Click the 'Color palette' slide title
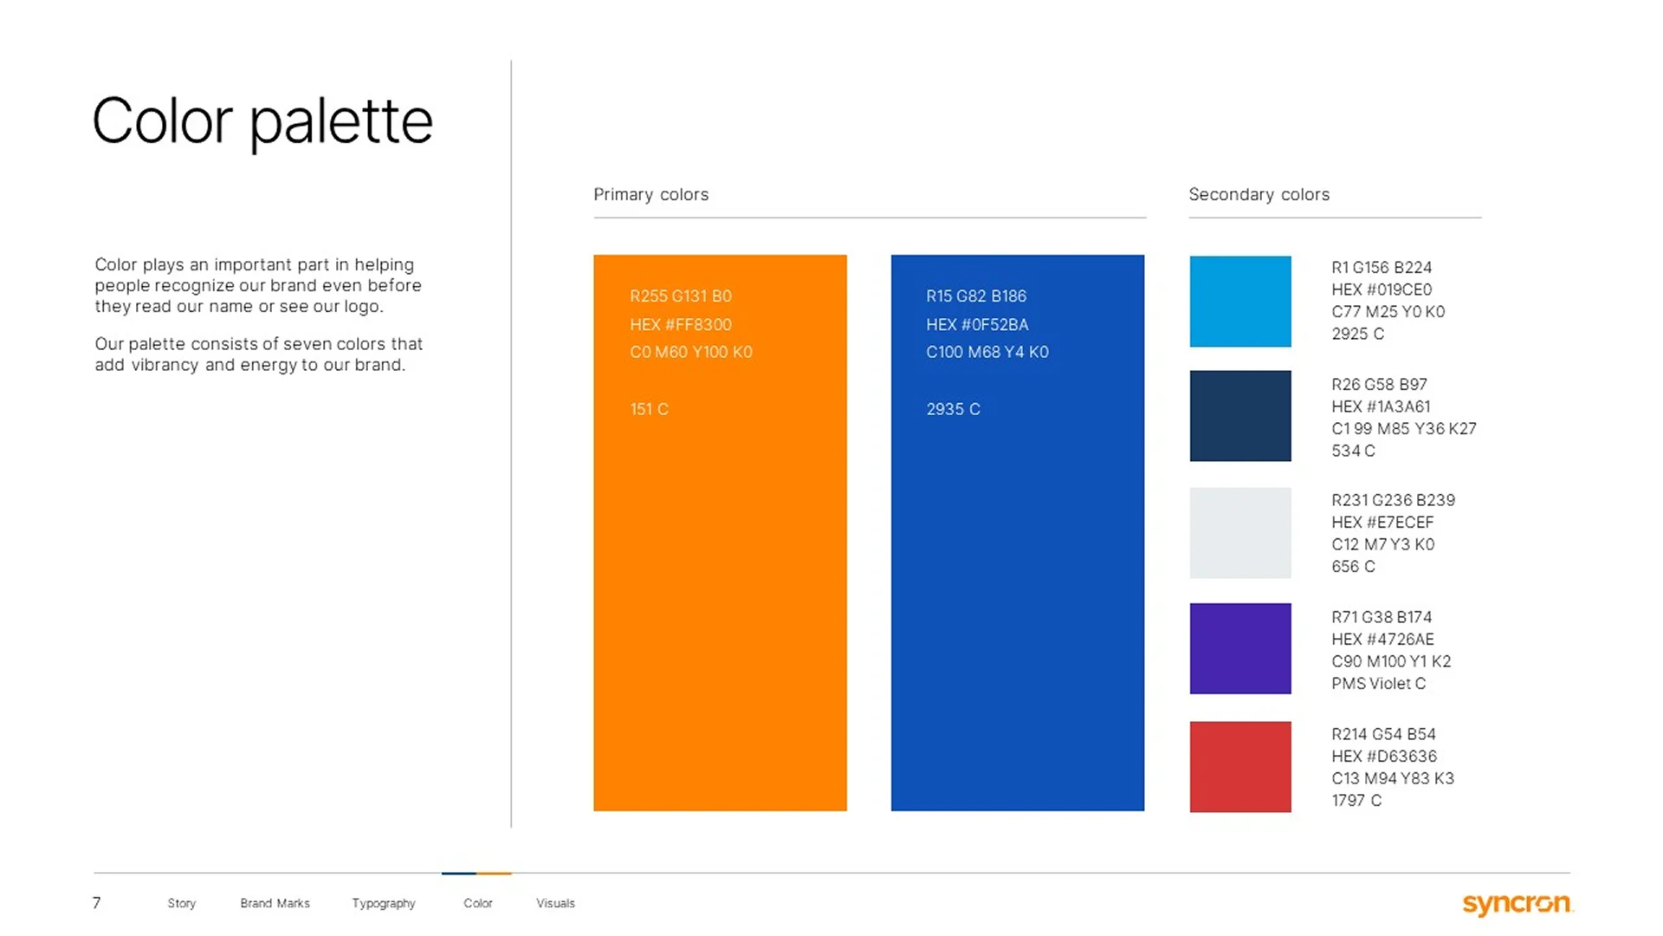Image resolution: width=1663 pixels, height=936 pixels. coord(262,121)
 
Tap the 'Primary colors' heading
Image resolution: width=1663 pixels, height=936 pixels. coord(650,194)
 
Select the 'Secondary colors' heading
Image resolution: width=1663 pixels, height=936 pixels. coord(1259,194)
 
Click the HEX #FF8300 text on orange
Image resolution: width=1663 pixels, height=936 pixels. coord(681,324)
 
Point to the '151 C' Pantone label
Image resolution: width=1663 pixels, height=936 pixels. coord(649,409)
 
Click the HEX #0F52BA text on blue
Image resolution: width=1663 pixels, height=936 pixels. coord(977,324)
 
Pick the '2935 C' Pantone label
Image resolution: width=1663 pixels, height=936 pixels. coord(953,409)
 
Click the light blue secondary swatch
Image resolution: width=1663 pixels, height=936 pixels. coord(1239,302)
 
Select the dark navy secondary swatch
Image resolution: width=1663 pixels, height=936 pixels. coord(1239,416)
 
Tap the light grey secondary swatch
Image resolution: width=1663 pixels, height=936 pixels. coord(1239,533)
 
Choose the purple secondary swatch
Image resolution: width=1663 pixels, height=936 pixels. coord(1239,648)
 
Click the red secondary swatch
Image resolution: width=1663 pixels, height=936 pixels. coord(1239,766)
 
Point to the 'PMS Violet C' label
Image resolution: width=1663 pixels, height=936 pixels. coord(1378,684)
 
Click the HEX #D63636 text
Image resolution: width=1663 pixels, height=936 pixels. coord(1383,757)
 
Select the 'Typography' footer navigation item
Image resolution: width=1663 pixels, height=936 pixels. coord(384,903)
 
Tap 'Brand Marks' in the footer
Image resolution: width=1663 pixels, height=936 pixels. coord(275,903)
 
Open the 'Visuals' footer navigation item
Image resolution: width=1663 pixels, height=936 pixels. coord(555,903)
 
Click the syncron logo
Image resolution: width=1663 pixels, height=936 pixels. coord(1517,904)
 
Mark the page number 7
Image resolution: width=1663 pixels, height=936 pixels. coord(97,903)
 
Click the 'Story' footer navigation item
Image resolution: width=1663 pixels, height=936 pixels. coord(182,903)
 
